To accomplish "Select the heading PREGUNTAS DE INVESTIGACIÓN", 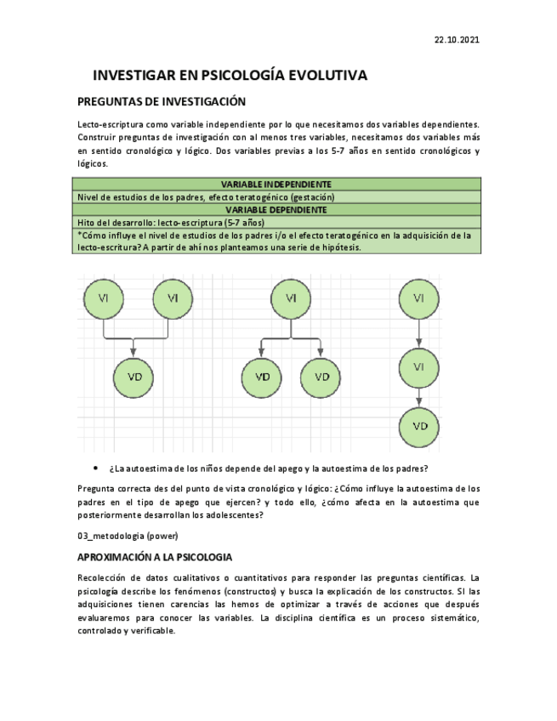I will (162, 102).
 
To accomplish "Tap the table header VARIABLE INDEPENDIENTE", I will (276, 184).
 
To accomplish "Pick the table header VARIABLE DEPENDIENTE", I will (276, 209).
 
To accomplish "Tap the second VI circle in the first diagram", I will (173, 298).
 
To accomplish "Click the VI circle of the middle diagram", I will (291, 298).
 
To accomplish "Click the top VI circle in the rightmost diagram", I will (419, 298).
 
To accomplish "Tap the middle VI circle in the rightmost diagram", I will (419, 367).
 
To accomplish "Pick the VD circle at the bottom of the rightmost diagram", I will (419, 426).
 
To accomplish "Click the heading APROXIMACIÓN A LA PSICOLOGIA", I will (154, 557).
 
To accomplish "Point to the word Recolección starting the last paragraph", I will (105, 577).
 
